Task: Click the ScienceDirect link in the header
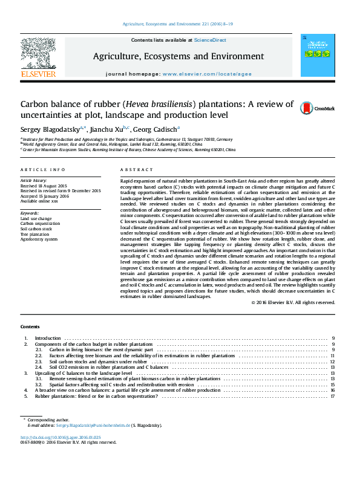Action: coord(210,39)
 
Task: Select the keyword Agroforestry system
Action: coord(39,239)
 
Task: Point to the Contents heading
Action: coord(30,326)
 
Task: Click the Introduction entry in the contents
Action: coord(48,338)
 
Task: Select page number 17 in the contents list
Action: coord(333,397)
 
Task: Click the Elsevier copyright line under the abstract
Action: coord(293,302)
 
